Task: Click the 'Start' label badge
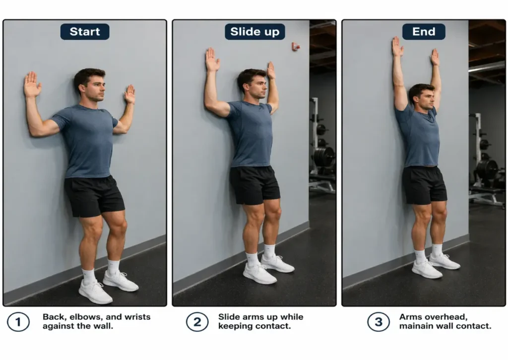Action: click(85, 32)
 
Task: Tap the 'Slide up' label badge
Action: click(254, 32)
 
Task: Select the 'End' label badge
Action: click(423, 32)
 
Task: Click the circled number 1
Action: click(18, 322)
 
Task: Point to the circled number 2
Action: click(197, 322)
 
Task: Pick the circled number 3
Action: click(378, 322)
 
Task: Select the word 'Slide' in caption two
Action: click(229, 317)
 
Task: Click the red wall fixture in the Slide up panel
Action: click(295, 47)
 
